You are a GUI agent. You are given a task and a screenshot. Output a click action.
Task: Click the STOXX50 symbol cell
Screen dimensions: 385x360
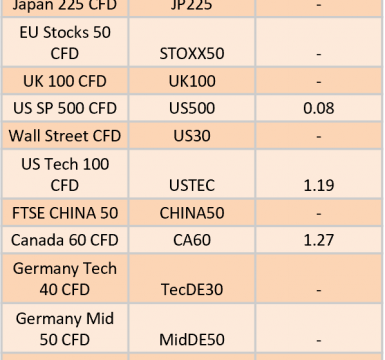pyautogui.click(x=192, y=54)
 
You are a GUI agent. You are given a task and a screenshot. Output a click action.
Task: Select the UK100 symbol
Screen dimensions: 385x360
pyautogui.click(x=192, y=81)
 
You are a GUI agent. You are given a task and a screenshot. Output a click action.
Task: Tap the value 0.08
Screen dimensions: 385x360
pyautogui.click(x=319, y=108)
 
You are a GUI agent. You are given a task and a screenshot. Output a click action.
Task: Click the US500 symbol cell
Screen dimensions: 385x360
pyautogui.click(x=192, y=108)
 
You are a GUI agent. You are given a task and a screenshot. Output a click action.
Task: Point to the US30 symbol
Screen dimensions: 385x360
pyautogui.click(x=192, y=136)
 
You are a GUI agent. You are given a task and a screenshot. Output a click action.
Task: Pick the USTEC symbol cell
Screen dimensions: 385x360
pyautogui.click(x=192, y=186)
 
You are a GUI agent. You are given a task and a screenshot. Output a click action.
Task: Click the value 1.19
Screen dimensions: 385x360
pyautogui.click(x=319, y=186)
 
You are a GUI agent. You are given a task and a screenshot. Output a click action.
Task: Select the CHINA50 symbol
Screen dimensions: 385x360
pyautogui.click(x=192, y=213)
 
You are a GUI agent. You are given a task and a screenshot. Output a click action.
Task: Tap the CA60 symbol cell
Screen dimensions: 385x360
pyautogui.click(x=192, y=240)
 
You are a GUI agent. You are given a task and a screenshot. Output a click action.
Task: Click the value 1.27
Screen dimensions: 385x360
pyautogui.click(x=319, y=240)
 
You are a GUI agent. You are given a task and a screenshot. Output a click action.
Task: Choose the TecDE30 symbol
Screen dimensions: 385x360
pyautogui.click(x=192, y=290)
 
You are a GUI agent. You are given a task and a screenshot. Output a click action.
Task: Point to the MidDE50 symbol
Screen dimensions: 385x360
pyautogui.click(x=192, y=340)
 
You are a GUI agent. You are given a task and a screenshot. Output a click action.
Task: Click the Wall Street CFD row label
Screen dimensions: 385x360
pyautogui.click(x=65, y=136)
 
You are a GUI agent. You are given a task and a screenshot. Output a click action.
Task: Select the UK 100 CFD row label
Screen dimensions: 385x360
pyautogui.click(x=65, y=81)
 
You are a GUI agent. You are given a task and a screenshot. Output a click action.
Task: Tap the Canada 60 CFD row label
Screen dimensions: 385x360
pyautogui.click(x=65, y=240)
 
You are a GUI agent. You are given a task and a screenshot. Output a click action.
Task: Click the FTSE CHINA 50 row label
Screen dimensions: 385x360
pyautogui.click(x=65, y=213)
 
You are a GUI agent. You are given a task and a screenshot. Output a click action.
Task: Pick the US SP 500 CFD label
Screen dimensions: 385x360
pyautogui.click(x=65, y=108)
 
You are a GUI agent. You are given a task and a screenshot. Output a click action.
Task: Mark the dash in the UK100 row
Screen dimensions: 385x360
pyautogui.click(x=319, y=82)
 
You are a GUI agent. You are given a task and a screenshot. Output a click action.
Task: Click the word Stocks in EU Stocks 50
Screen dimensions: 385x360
pyautogui.click(x=66, y=33)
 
